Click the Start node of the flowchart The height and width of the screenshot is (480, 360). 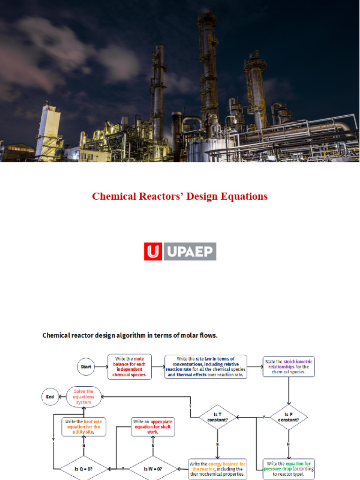86,367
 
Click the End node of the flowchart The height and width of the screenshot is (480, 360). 50,397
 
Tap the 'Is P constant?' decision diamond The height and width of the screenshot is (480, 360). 289,417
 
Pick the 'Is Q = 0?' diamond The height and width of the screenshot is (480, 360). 83,468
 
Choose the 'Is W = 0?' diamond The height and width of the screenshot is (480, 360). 153,468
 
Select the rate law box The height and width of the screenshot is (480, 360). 206,367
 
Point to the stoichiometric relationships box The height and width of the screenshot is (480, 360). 289,367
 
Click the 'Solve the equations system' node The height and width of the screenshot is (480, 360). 83,397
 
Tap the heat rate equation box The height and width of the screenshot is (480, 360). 83,427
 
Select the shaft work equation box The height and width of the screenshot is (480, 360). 153,427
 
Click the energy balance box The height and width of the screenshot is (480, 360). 217,468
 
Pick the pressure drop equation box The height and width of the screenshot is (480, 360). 289,468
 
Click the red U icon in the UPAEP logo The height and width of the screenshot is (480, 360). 153,251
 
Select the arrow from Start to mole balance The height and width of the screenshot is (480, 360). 101,367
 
